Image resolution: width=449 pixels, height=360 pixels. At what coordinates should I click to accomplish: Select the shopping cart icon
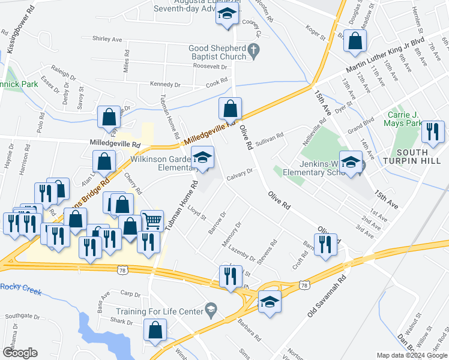pos(152,221)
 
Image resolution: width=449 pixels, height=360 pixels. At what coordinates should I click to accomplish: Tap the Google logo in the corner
pos(20,353)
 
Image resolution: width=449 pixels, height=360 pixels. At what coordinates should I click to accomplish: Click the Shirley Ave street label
pos(107,39)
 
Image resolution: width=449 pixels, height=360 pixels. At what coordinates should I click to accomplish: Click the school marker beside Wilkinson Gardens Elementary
pos(203,157)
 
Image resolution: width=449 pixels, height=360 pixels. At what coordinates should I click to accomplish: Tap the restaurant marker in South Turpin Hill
pos(433,131)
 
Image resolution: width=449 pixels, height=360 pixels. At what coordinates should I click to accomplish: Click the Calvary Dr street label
pos(241,175)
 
